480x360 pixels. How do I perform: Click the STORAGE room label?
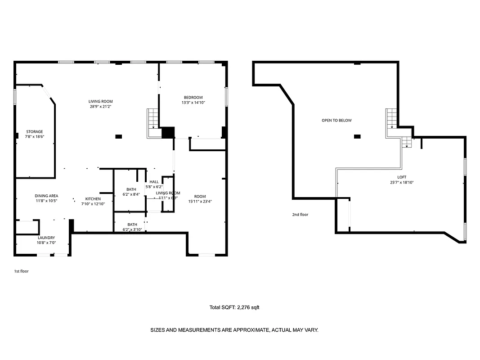coord(34,132)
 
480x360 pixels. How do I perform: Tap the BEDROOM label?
coord(193,98)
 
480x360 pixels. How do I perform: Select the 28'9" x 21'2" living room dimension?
coord(100,107)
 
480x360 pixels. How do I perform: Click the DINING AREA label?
coord(47,196)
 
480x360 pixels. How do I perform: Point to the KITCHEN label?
coord(93,199)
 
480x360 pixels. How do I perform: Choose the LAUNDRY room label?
coord(46,238)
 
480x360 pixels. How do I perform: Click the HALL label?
coord(154,182)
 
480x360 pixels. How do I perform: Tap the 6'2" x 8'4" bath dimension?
coord(131,194)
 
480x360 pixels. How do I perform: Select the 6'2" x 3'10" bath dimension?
coord(132,229)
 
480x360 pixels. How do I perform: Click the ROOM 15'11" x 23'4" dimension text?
coord(200,202)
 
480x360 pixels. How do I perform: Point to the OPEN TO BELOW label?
coord(336,121)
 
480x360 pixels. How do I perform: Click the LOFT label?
coord(401,177)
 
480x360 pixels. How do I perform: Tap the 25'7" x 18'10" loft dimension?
coord(401,182)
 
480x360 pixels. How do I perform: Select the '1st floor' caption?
coord(21,271)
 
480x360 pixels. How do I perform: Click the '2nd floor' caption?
coord(300,215)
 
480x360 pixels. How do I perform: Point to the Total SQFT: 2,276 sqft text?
coord(234,308)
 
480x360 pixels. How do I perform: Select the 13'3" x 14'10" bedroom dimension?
coord(193,103)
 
